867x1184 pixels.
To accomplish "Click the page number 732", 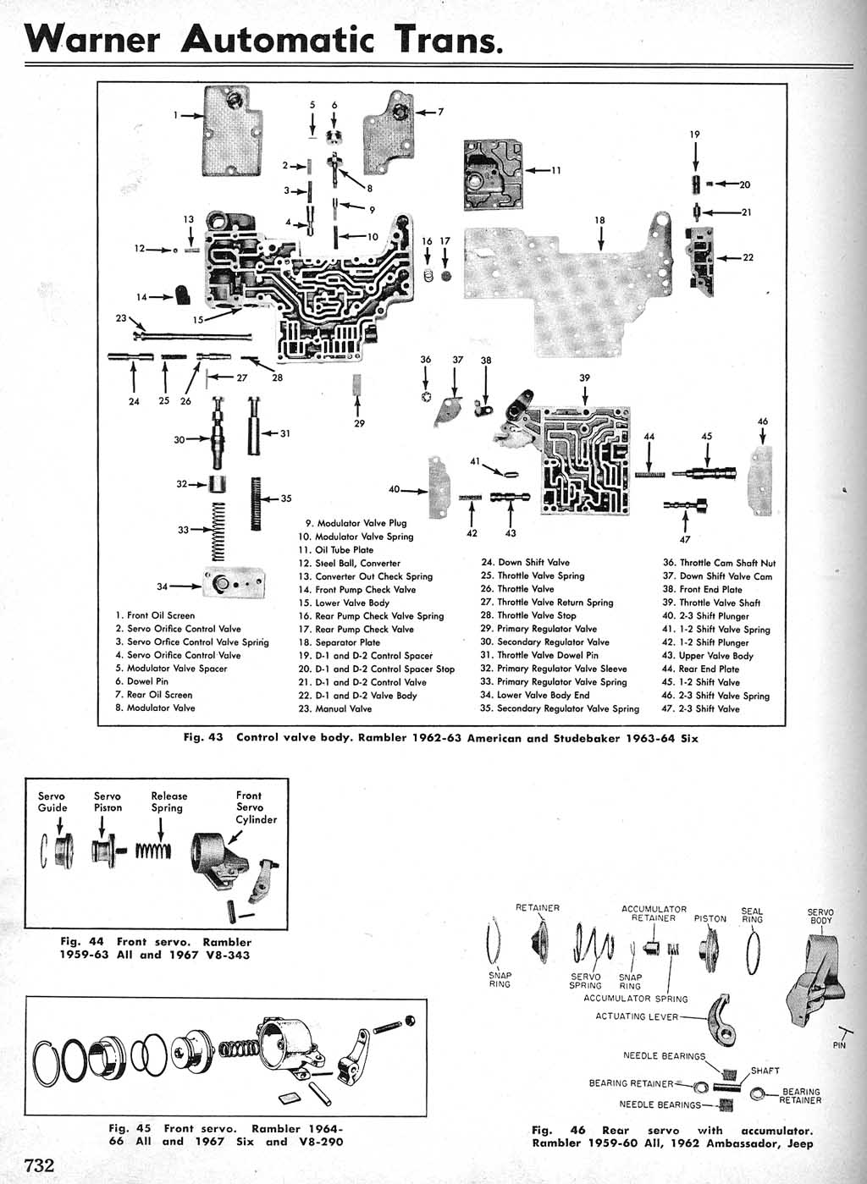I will click(40, 1165).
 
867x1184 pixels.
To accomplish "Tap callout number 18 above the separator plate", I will click(599, 221).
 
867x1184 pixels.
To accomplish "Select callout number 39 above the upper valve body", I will click(584, 378).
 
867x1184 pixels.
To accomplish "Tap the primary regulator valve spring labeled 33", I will click(218, 531).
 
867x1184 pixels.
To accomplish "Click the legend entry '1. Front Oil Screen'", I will click(155, 615).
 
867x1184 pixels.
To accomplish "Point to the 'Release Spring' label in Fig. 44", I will click(169, 801).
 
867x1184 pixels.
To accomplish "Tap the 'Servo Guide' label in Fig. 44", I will click(52, 801).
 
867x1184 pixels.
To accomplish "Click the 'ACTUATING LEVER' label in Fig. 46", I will click(637, 1016).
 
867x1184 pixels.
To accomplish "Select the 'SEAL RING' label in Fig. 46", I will click(752, 915).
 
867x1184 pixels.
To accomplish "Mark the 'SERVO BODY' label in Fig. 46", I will click(820, 917).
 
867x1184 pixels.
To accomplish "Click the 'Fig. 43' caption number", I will click(203, 737).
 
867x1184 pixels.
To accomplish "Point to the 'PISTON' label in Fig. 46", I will click(710, 918).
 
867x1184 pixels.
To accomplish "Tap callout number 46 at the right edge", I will click(763, 421).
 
